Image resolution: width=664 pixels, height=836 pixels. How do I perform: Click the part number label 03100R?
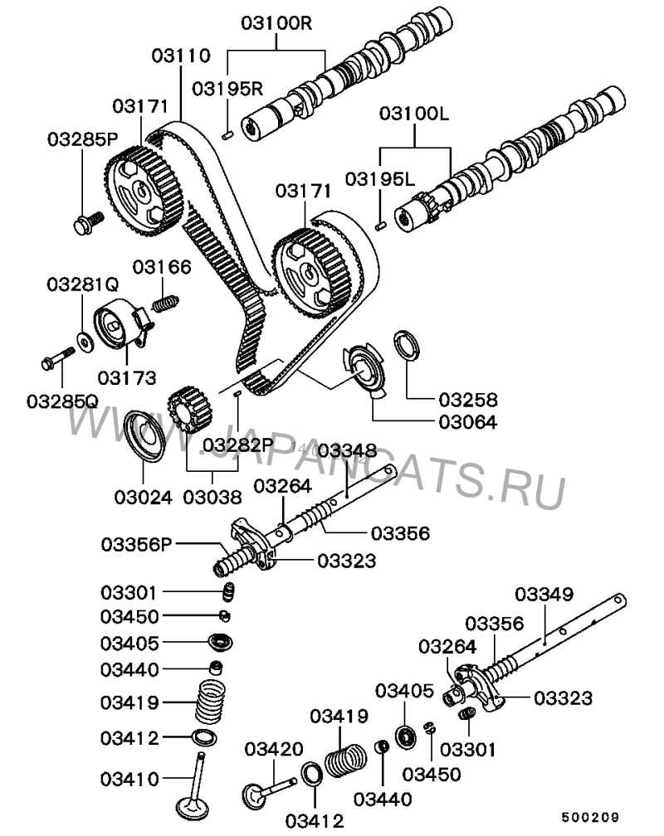276,22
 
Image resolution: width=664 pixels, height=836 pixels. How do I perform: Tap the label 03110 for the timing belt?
182,56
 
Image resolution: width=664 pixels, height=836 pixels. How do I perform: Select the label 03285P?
81,138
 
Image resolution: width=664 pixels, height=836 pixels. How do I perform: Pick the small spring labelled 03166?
167,301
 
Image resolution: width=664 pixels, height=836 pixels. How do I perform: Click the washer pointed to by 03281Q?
85,338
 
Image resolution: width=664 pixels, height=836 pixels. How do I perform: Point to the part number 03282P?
238,445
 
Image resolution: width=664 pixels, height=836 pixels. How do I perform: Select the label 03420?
273,750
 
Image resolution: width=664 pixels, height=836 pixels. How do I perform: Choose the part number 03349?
544,594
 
